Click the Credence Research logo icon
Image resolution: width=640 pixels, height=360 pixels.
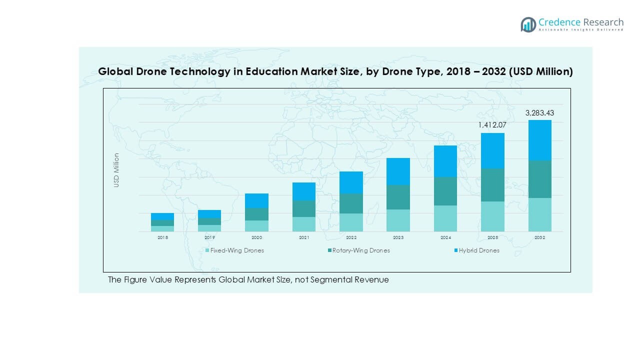click(528, 24)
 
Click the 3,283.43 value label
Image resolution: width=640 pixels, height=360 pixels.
click(539, 113)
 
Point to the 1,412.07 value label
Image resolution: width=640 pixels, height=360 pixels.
click(492, 124)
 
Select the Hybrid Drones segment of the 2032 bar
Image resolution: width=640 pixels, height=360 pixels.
click(539, 140)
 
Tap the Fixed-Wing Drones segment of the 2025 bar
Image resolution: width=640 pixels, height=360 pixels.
click(492, 216)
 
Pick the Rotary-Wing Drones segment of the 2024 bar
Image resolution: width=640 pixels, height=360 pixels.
click(445, 191)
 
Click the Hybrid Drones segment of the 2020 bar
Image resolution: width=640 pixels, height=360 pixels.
click(256, 200)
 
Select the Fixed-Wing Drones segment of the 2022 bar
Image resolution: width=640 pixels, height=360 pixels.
click(351, 222)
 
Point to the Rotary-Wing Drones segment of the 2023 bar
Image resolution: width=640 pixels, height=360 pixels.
click(398, 197)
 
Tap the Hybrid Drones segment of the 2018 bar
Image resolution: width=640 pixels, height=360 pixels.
click(162, 216)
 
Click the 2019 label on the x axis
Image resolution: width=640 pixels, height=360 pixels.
click(209, 238)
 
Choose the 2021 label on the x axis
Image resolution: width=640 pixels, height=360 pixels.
click(304, 238)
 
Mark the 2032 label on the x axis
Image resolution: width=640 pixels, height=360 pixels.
click(539, 238)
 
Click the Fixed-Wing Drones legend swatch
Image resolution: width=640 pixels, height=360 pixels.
click(207, 250)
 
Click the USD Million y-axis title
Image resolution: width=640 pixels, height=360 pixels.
click(116, 170)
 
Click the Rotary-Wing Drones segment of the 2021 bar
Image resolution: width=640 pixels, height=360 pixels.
click(304, 208)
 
